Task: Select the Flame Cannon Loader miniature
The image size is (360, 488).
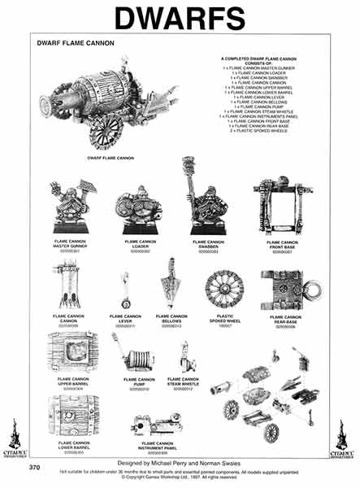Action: pyautogui.click(x=139, y=211)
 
